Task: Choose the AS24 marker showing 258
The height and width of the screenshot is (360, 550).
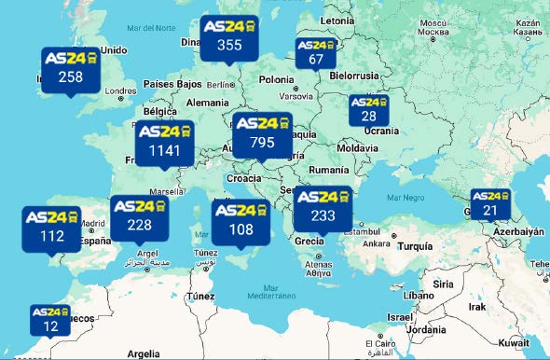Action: tap(71, 68)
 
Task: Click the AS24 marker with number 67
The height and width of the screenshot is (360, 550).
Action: tap(315, 52)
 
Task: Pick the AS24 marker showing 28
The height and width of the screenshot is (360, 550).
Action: tap(368, 108)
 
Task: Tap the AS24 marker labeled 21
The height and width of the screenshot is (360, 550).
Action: tap(489, 203)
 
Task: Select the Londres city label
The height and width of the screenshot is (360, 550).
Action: tap(121, 91)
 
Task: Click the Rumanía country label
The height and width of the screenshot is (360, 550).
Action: tap(328, 171)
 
